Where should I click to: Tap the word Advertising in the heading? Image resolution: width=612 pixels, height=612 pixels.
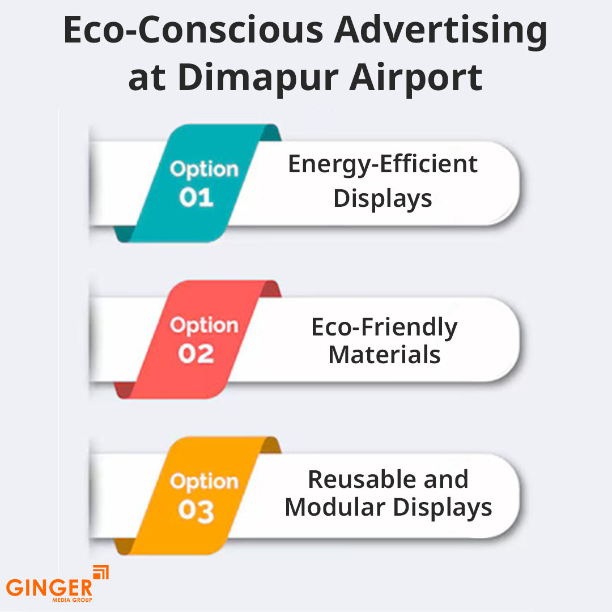point(440,32)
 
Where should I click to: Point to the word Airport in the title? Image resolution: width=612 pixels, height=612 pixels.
point(415,78)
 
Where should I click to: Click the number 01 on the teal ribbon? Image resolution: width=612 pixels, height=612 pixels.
point(196,198)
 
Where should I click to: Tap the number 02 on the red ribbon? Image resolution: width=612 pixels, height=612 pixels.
point(196,354)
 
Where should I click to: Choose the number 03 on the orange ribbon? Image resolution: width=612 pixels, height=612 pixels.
point(196,511)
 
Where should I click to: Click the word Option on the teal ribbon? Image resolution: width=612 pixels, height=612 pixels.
point(204,169)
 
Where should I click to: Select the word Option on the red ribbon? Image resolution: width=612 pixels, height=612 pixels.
point(204,326)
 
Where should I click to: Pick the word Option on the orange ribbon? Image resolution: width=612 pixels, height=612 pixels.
point(204,482)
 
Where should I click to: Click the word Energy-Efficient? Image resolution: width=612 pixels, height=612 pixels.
point(383,164)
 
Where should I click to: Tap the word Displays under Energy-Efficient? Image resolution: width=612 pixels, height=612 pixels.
point(383,198)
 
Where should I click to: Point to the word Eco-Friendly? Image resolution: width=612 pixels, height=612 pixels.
point(384,328)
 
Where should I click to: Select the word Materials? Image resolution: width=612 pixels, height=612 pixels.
point(384,355)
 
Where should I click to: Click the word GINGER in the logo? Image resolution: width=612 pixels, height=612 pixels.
point(49,587)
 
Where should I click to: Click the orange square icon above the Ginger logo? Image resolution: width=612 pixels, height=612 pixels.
point(100,572)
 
